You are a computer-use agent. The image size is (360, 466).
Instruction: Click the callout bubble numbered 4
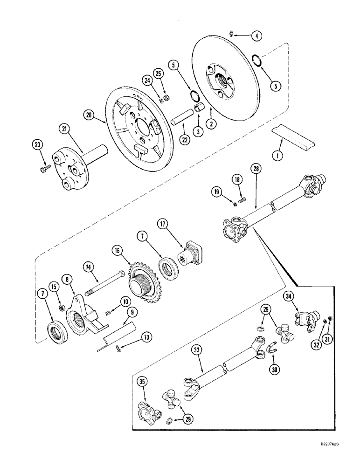tap(256, 35)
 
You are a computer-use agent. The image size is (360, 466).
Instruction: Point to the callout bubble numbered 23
tap(37, 144)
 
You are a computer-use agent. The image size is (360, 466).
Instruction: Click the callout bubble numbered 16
tap(117, 250)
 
